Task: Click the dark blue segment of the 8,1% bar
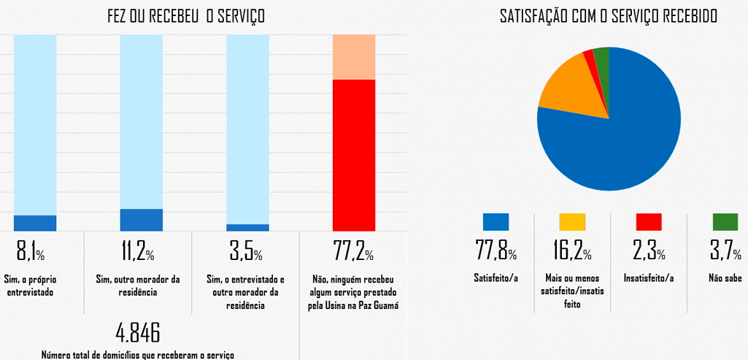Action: [x=35, y=223]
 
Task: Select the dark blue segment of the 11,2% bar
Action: [x=142, y=220]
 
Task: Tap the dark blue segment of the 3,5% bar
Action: [x=247, y=228]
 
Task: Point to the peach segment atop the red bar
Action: [x=354, y=56]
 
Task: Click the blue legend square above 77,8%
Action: [x=496, y=222]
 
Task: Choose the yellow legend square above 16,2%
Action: [x=572, y=222]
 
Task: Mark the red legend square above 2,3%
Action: [x=649, y=222]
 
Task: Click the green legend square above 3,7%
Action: [x=725, y=222]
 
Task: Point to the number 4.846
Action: [x=138, y=332]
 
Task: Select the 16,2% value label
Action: [x=572, y=253]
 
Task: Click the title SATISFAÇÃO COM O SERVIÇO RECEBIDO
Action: [x=608, y=15]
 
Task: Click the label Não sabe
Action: [x=725, y=277]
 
